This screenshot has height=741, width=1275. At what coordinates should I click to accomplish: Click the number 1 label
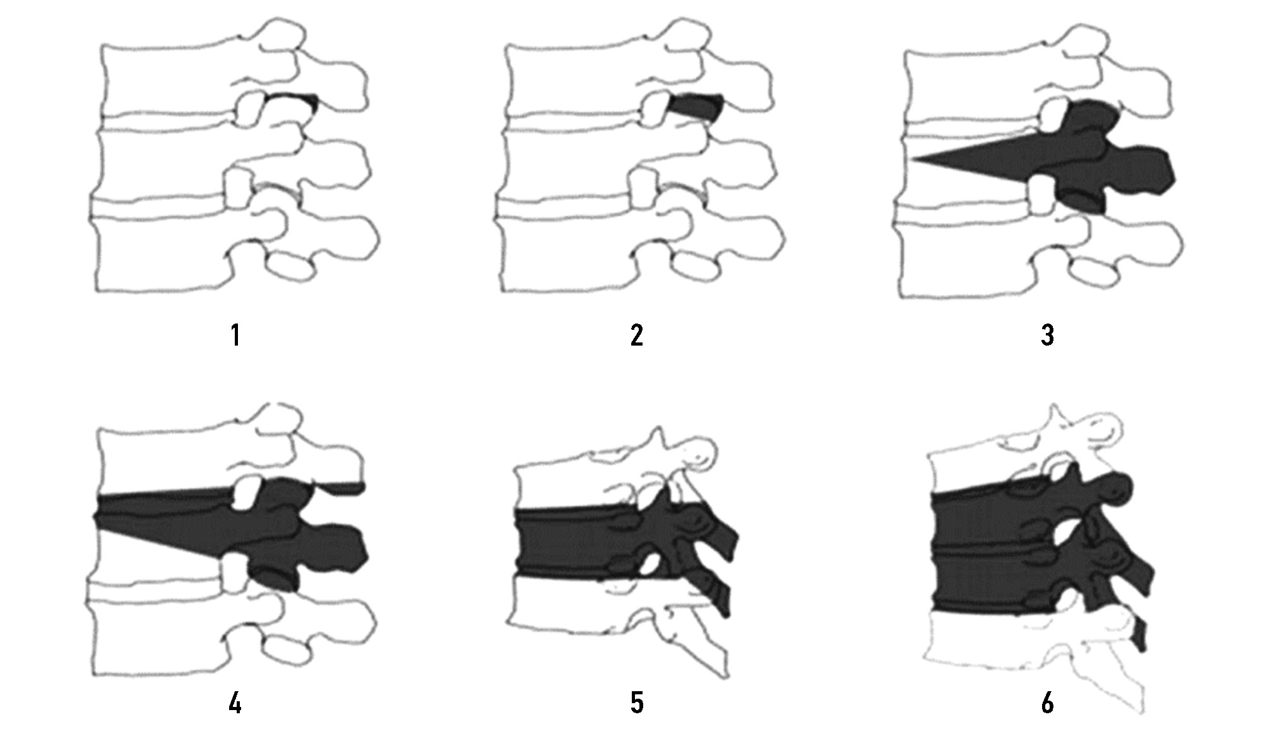(x=235, y=335)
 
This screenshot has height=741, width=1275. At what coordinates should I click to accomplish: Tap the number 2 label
(x=637, y=335)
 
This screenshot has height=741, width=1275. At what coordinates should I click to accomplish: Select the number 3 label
(x=1047, y=335)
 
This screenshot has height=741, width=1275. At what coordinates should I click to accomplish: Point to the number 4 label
(x=235, y=703)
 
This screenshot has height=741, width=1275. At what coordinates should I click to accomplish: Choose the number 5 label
(x=637, y=703)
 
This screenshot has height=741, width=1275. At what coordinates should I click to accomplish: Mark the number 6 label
(x=1047, y=703)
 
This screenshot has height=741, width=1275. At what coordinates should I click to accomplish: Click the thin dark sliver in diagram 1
(x=292, y=98)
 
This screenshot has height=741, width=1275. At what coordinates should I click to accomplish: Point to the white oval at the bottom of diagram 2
(x=695, y=267)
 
